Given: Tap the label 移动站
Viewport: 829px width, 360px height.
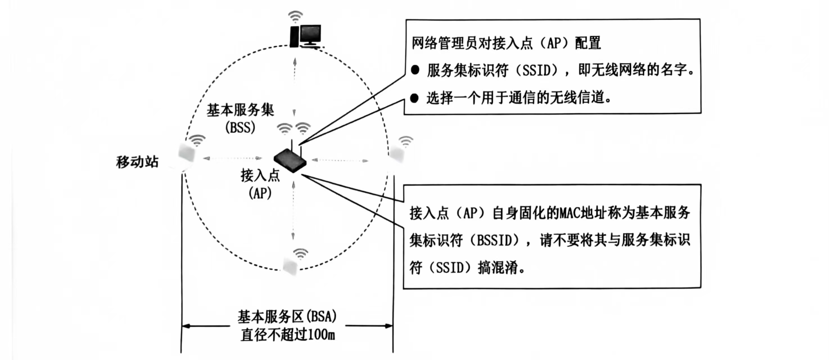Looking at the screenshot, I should [137, 162].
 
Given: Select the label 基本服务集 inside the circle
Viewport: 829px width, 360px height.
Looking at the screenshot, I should [240, 111].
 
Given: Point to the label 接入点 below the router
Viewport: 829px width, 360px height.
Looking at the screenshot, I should [260, 175].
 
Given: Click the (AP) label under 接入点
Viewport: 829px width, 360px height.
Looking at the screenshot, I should [260, 193].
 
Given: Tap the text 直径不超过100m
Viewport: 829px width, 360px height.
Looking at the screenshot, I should [288, 335].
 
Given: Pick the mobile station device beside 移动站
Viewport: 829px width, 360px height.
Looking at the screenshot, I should [187, 155].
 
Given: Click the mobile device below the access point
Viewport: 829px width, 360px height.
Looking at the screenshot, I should [291, 266].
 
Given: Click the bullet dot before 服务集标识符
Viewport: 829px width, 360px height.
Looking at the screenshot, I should [415, 70].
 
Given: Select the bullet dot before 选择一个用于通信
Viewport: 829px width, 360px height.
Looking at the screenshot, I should [414, 98].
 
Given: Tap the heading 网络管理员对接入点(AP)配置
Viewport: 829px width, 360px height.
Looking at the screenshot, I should [506, 43].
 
